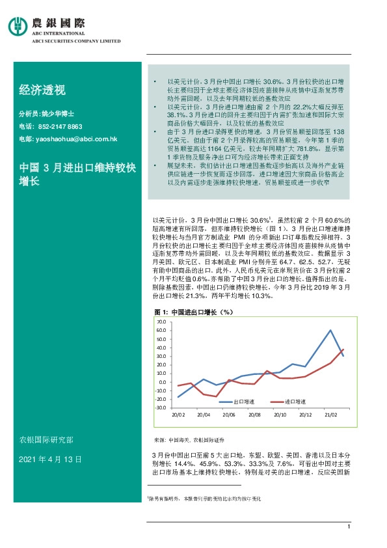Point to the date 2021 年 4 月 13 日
pos(51,459)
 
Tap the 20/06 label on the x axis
pos(228,415)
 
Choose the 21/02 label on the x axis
pos(331,415)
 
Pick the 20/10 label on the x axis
pos(280,415)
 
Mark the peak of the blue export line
pos(330,331)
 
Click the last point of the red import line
pos(343,350)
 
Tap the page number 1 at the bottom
pos(349,527)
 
